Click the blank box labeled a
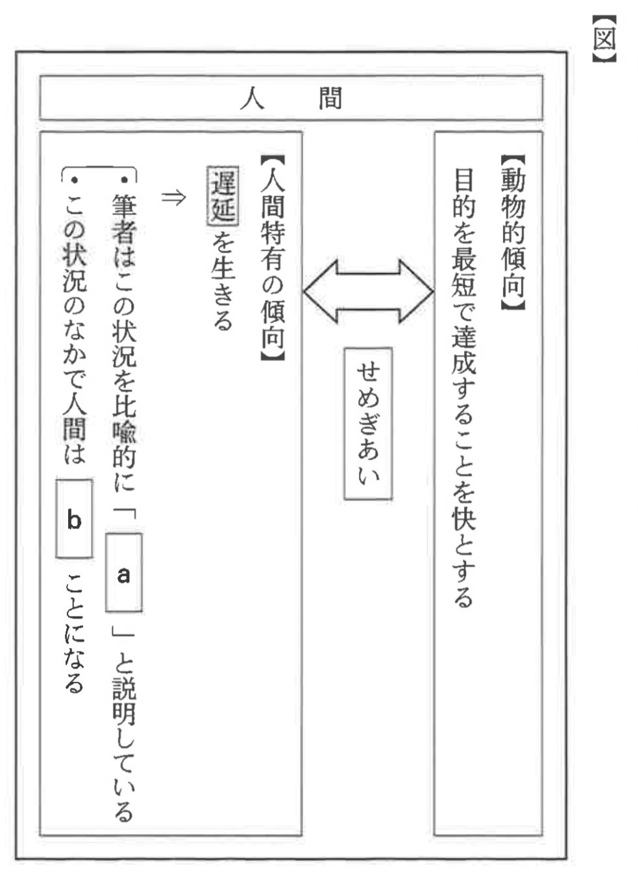[x=123, y=573]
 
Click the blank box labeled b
[x=74, y=519]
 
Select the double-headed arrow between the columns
[x=368, y=291]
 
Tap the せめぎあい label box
[x=368, y=423]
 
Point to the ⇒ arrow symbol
[x=173, y=197]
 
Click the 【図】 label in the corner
[x=604, y=39]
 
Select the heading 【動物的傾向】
[x=513, y=233]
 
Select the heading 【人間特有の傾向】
[x=272, y=258]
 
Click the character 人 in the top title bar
[x=252, y=99]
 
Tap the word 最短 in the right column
[x=463, y=272]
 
